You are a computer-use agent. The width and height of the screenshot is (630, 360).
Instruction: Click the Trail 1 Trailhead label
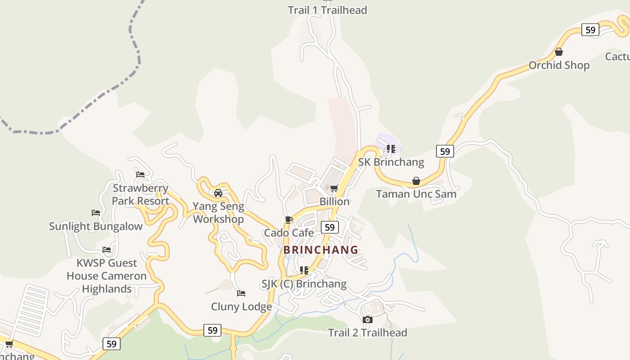click(x=327, y=10)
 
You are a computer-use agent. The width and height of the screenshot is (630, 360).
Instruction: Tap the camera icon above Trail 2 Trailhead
click(x=368, y=319)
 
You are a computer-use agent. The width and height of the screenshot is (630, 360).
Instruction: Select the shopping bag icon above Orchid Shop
click(x=559, y=52)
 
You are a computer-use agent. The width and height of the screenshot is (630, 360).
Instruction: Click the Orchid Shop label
click(x=559, y=65)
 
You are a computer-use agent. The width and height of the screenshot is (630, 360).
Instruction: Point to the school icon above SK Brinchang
click(x=391, y=149)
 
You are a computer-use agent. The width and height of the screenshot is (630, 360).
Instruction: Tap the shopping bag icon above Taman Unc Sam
click(x=416, y=181)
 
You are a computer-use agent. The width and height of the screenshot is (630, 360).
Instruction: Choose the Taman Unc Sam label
click(x=416, y=194)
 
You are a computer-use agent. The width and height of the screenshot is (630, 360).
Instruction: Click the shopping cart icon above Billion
click(x=334, y=189)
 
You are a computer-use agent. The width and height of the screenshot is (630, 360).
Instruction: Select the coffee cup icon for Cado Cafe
click(x=289, y=220)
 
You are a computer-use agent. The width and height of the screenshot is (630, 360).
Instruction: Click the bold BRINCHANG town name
click(x=321, y=250)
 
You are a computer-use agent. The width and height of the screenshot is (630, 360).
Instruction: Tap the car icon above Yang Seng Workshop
click(x=218, y=193)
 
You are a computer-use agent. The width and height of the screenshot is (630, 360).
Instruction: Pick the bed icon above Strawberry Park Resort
click(x=140, y=175)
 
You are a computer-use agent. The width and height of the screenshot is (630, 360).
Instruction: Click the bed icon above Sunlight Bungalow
click(x=96, y=213)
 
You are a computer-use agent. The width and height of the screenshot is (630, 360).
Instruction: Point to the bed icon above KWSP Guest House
click(x=107, y=250)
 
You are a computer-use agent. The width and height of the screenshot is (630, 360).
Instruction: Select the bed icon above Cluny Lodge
click(x=241, y=293)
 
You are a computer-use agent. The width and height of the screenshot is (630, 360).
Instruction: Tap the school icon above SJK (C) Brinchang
click(x=304, y=270)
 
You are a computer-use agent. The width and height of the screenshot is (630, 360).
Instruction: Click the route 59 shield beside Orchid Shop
click(x=590, y=30)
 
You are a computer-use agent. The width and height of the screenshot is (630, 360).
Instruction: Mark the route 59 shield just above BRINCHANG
click(x=330, y=227)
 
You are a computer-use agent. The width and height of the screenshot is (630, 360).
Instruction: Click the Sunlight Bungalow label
click(x=96, y=226)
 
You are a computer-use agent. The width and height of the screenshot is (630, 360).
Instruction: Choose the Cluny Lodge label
click(x=241, y=307)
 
